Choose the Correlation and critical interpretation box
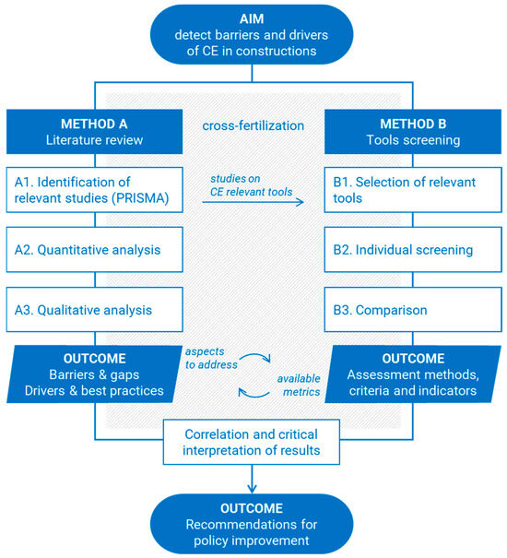(x=253, y=441)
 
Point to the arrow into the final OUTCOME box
(x=253, y=478)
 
